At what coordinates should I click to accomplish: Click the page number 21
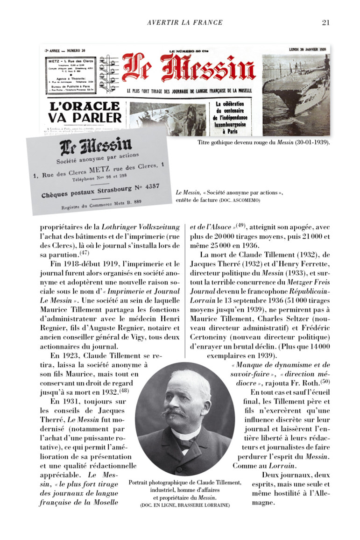point(326,22)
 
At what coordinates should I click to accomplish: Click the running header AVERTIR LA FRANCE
point(185,22)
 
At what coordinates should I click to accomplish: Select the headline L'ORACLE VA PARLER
point(85,112)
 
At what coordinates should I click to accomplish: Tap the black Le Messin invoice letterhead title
point(96,146)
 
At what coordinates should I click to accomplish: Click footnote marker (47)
point(84,254)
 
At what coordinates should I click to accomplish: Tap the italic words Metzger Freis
point(307,282)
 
